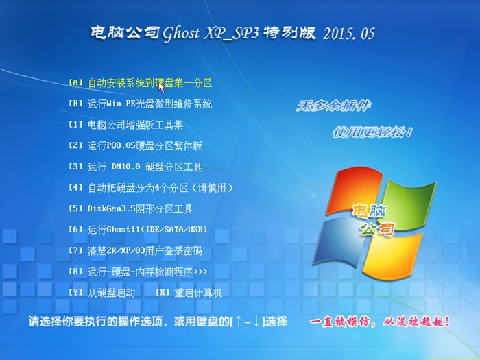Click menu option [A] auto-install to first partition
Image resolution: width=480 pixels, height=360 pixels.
click(x=140, y=83)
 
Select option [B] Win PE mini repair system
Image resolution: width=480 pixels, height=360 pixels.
click(x=140, y=104)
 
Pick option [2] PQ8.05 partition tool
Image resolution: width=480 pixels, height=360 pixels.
click(x=135, y=146)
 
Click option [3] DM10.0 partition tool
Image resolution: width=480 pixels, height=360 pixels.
click(x=135, y=167)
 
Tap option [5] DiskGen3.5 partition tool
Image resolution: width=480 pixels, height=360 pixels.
click(x=130, y=208)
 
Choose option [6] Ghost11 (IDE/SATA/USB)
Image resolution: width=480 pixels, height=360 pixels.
click(x=137, y=229)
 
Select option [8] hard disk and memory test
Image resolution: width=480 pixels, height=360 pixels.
click(x=137, y=272)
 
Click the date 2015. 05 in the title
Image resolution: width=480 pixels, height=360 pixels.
click(x=348, y=34)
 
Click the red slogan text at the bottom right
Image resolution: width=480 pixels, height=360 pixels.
click(x=380, y=321)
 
